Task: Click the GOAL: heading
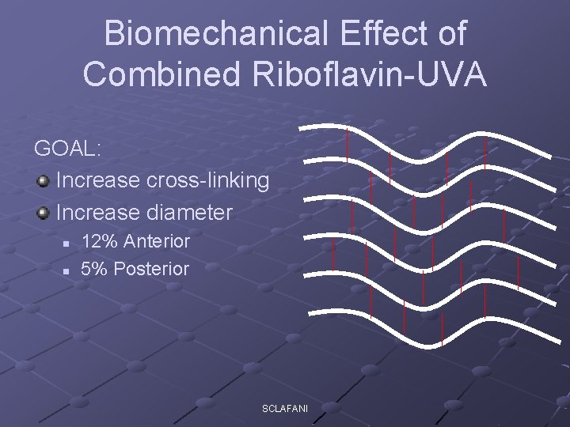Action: (x=69, y=148)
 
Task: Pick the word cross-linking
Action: (x=208, y=180)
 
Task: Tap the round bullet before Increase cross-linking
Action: (x=43, y=181)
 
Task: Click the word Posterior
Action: (x=151, y=269)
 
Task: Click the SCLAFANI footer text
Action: (x=285, y=407)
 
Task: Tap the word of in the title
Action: (x=449, y=34)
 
